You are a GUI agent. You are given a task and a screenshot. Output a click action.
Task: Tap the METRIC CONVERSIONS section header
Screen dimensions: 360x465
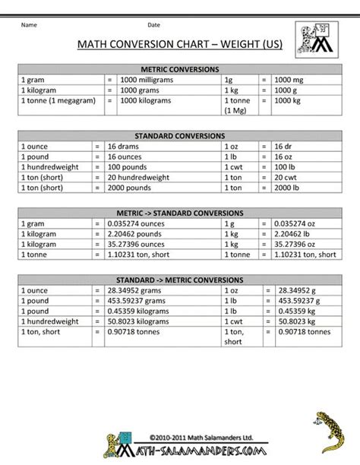tap(179, 68)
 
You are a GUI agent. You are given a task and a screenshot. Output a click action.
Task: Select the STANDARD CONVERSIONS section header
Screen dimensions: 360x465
tap(179, 135)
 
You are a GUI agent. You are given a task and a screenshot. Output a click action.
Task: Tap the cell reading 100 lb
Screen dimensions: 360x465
tap(285, 166)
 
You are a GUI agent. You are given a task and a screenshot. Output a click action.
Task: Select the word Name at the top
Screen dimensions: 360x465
tap(29, 25)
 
